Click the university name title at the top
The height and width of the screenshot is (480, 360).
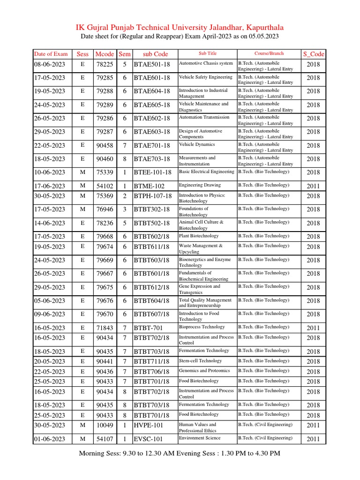click(x=180, y=28)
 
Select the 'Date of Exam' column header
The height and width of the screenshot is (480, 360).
click(x=51, y=54)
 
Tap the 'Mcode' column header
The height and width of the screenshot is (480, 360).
click(x=104, y=54)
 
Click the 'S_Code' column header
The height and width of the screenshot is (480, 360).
click(x=314, y=54)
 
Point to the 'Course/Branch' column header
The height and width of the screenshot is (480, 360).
click(x=269, y=53)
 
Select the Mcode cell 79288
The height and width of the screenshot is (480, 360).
click(x=104, y=91)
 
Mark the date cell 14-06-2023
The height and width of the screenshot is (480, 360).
click(x=50, y=223)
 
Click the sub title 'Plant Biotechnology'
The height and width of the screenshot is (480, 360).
click(x=199, y=236)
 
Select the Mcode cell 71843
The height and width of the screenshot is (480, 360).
click(x=104, y=328)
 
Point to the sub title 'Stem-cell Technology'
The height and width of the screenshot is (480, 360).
click(x=200, y=361)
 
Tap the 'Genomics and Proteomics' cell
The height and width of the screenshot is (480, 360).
click(x=203, y=371)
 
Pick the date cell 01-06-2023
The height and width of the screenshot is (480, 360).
click(x=50, y=439)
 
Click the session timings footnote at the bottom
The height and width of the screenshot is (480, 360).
click(x=180, y=453)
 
